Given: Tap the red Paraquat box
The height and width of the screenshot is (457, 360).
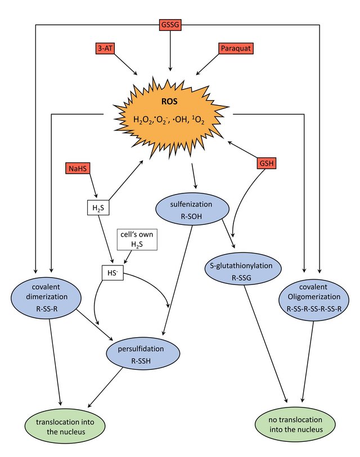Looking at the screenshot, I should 236,48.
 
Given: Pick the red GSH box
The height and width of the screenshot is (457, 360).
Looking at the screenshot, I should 267,163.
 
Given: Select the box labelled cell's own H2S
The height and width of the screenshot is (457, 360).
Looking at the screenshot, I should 137,239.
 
